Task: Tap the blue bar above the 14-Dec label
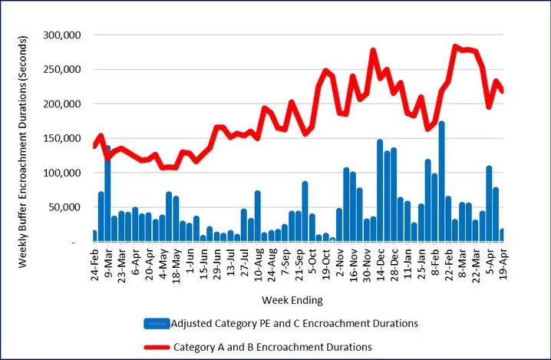tap(380, 190)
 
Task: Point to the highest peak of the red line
tap(455, 47)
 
